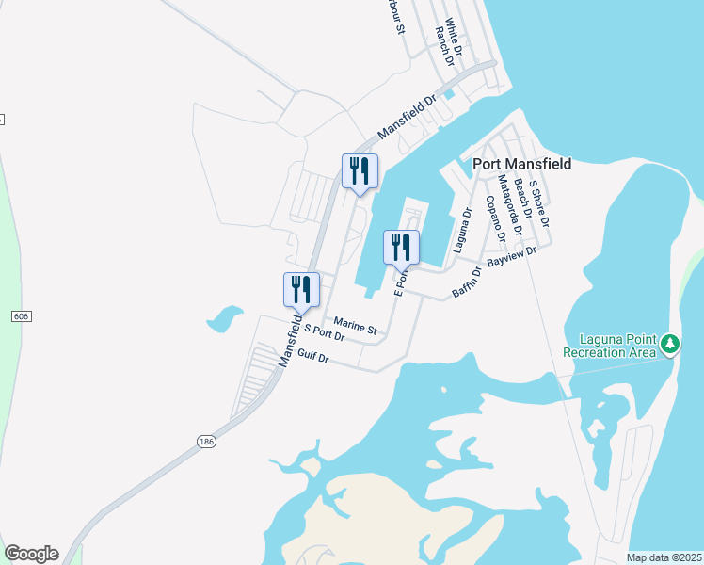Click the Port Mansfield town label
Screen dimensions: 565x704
coord(521,163)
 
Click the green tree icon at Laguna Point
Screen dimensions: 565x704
coord(669,345)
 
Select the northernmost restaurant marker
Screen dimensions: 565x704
coord(360,171)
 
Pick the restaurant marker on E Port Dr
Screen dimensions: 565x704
coord(401,248)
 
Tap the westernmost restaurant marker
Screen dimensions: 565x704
coord(302,289)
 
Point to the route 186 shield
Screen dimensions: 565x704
coord(208,441)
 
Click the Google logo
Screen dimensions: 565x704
coord(31,554)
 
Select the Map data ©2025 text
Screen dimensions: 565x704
coord(664,557)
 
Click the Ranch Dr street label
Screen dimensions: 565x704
coord(442,45)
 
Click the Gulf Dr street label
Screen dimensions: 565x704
coord(312,357)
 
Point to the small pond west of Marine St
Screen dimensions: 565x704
coord(224,318)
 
